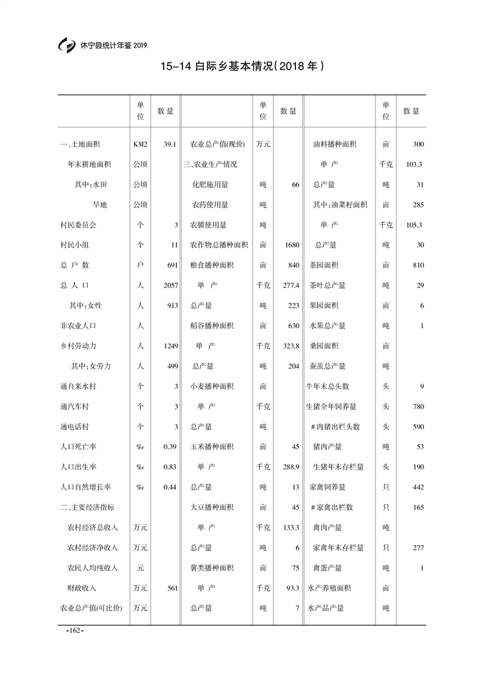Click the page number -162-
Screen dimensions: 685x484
pos(74,630)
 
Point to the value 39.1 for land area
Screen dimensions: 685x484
pos(170,144)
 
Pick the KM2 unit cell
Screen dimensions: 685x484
pos(140,144)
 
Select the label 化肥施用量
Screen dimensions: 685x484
pos(211,184)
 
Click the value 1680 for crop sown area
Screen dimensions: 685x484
pos(292,245)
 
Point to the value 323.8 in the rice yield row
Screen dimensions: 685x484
pos(289,346)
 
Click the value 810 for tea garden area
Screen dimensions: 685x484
pos(417,265)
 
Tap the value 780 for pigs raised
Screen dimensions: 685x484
pos(417,406)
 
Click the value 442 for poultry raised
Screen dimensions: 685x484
pos(417,487)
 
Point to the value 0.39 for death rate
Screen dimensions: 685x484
pos(170,446)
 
